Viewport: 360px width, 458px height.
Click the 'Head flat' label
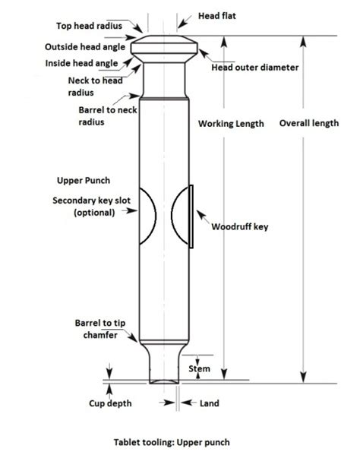point(217,15)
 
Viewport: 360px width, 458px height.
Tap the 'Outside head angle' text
point(85,47)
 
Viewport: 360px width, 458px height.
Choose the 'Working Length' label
point(231,124)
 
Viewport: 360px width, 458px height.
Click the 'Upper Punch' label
point(84,182)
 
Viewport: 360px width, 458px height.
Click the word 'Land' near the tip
point(209,403)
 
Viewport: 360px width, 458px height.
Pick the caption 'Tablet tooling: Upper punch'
point(171,441)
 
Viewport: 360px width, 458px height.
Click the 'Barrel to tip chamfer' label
point(94,329)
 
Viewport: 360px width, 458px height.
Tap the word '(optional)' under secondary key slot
point(95,213)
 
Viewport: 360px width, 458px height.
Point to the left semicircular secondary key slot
point(147,216)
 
